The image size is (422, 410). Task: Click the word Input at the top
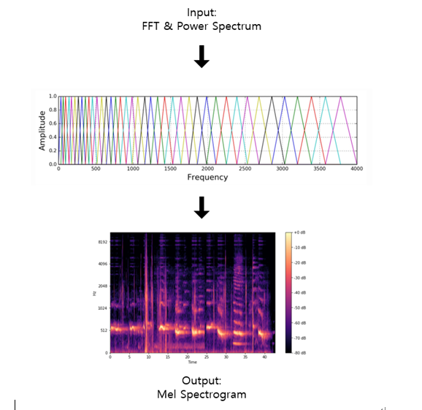202,12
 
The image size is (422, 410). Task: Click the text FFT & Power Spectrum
202,27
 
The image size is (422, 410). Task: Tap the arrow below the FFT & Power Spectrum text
202,57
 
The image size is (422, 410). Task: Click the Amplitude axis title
42,129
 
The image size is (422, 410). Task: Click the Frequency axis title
207,178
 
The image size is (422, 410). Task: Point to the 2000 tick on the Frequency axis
207,169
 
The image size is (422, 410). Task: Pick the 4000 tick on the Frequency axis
356,169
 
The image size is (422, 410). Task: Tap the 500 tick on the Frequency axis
96,169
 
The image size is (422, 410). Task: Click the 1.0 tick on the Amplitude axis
51,96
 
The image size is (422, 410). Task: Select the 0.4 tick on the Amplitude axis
51,137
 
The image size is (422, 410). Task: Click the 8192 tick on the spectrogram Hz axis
103,240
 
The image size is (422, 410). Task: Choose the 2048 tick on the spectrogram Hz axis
103,286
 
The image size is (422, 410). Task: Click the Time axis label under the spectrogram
192,362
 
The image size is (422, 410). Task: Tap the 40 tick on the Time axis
263,357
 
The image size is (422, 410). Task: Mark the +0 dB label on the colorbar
299,232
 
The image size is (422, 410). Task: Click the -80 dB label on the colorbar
299,354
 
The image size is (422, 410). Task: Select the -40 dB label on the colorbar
299,293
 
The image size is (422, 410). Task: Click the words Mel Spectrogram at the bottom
202,395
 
